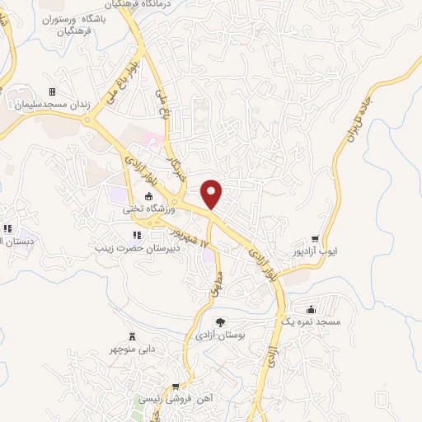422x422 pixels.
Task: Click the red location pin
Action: point(213,193)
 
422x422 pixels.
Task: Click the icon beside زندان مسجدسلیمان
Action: point(53,91)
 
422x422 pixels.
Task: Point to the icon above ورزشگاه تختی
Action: point(148,196)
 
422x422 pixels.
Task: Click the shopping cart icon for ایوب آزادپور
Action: point(336,215)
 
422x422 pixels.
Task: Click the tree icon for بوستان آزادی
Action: point(219,321)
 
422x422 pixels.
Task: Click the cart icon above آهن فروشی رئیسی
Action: point(176,385)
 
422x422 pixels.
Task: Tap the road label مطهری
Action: point(217,279)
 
